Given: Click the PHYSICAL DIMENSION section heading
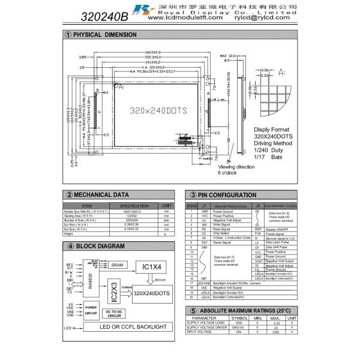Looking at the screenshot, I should coord(104,35).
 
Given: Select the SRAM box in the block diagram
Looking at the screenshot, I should coord(117,265).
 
